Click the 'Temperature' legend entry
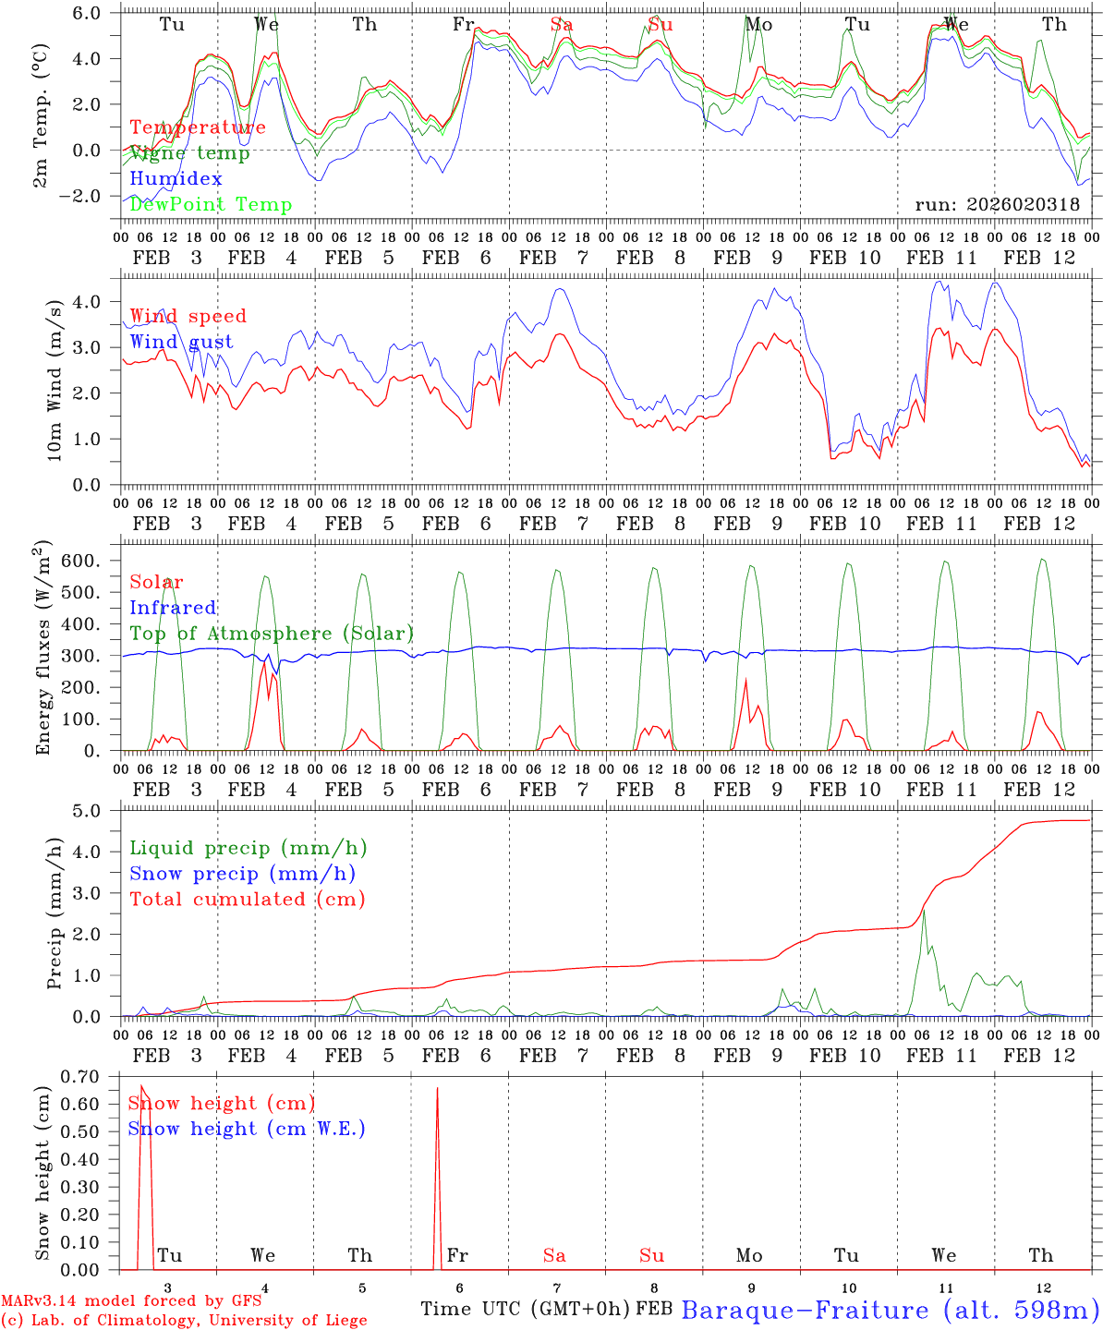point(198,127)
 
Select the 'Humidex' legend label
point(176,179)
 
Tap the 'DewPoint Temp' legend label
point(211,205)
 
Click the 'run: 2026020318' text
point(997,205)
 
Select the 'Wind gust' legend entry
point(181,342)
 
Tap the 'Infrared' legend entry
point(173,608)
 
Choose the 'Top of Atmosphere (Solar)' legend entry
point(272,634)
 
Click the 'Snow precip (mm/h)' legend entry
point(242,874)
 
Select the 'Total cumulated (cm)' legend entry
point(247,900)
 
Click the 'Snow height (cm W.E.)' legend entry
point(247,1129)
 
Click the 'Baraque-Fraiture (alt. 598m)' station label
point(890,1310)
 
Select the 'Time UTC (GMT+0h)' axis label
point(526,1309)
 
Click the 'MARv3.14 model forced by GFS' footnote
point(131,1301)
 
